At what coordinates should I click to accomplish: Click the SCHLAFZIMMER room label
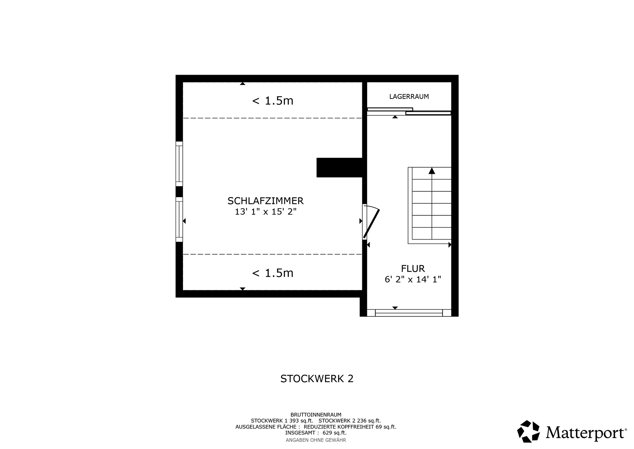coord(265,201)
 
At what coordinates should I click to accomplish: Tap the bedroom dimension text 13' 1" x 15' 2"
coord(265,212)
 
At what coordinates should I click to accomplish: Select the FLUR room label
coord(413,268)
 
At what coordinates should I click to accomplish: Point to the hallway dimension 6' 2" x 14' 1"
coord(413,279)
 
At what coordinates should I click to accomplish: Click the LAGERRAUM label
coord(409,97)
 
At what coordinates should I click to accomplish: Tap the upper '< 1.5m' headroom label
coord(272,101)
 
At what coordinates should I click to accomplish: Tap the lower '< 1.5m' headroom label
coord(272,273)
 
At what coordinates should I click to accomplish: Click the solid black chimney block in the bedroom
coord(339,168)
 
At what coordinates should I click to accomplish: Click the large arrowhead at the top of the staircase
coord(432,171)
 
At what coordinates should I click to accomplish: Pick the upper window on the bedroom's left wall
coord(179,164)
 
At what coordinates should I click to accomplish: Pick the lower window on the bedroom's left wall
coord(179,220)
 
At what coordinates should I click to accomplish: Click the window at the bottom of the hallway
coord(409,313)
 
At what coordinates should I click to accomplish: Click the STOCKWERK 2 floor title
coord(317,379)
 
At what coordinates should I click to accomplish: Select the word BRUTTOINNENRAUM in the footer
coord(316,415)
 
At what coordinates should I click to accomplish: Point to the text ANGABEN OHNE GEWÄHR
coord(316,440)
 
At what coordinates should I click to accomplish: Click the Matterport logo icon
coord(528,431)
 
